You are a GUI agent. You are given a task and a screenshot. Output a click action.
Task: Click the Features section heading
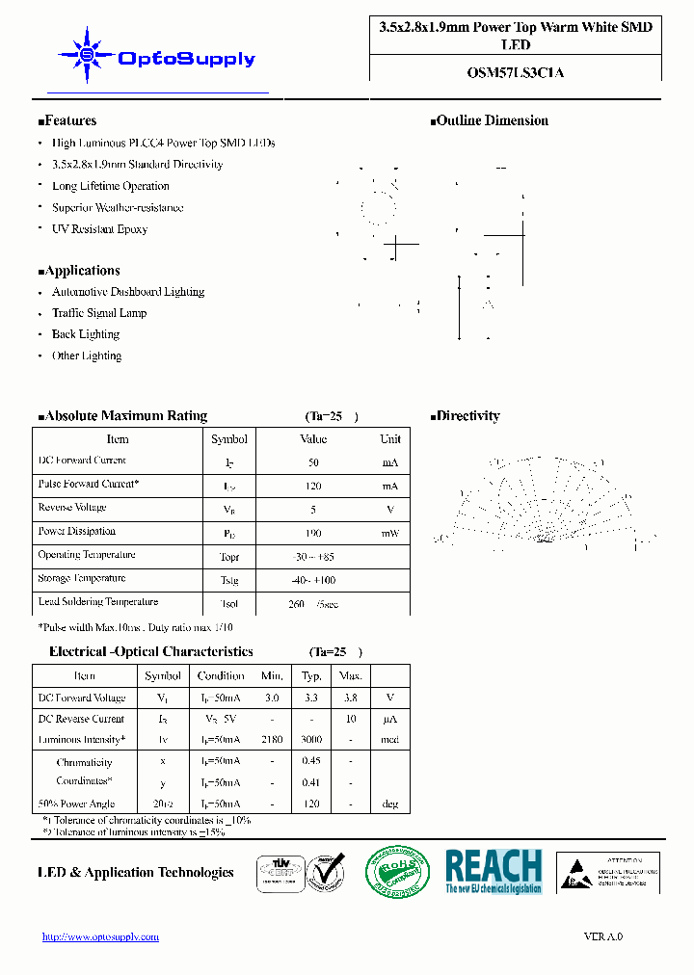[67, 121]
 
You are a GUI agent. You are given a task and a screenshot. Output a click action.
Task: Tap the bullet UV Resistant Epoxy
[99, 229]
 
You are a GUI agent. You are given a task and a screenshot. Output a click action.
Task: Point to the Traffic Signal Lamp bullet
[98, 313]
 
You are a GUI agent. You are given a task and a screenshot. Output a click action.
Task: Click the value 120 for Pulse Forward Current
[313, 487]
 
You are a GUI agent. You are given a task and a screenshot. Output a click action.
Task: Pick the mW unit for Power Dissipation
[389, 533]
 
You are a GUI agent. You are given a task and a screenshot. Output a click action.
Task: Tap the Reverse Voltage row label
[72, 508]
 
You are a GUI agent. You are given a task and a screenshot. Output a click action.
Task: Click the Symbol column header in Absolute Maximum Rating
[229, 439]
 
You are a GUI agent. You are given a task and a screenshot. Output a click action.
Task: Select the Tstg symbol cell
[229, 580]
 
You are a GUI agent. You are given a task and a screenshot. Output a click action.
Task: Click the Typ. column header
[312, 676]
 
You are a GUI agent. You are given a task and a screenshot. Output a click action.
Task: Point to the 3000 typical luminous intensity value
[312, 740]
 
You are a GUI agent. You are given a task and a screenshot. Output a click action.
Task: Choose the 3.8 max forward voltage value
[351, 698]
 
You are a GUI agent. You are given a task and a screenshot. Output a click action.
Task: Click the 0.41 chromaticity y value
[312, 783]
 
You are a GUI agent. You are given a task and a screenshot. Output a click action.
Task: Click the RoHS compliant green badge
[397, 873]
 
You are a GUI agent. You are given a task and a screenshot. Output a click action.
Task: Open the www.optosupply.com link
[100, 936]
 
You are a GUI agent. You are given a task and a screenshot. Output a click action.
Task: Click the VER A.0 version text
[603, 936]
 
